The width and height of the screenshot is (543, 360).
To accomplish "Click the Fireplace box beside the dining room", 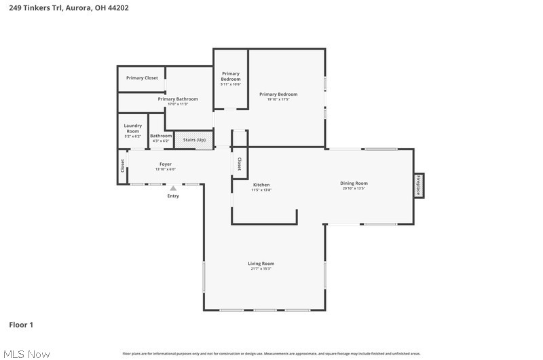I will [x=419, y=185].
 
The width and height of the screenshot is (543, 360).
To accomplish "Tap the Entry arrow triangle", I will [x=173, y=189].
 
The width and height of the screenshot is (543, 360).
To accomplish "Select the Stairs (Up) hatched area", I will [x=194, y=140].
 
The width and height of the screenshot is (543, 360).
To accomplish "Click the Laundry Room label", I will [x=132, y=128].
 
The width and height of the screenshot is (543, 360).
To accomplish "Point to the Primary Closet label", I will [x=142, y=78].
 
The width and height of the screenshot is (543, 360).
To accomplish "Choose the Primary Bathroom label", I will [x=178, y=99].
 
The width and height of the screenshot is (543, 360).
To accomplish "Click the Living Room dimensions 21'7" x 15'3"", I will [x=261, y=269].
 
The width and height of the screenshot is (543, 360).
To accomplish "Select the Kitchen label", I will [x=261, y=185].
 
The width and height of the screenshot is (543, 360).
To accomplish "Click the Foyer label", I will [x=166, y=164].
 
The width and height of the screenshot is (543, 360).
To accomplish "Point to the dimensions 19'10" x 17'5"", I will [x=278, y=100].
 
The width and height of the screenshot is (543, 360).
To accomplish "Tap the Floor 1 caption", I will [x=21, y=325].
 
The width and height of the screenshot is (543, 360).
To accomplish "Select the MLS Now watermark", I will [x=26, y=354].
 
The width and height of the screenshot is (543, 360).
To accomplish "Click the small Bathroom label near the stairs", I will [x=161, y=136].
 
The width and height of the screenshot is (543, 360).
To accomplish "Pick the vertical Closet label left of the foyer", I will [x=123, y=165].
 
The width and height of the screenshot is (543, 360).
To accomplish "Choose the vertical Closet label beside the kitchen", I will [x=240, y=164].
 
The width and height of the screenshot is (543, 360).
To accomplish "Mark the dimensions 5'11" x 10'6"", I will [x=231, y=84].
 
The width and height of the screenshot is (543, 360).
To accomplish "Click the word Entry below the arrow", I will [x=173, y=196].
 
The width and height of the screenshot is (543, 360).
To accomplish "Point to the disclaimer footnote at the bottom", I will [x=271, y=354].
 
